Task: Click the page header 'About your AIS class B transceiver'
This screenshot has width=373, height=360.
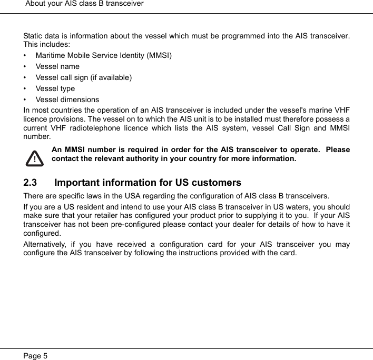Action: pyautogui.click(x=84, y=4)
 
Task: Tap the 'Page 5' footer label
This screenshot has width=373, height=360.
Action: pyautogui.click(x=35, y=356)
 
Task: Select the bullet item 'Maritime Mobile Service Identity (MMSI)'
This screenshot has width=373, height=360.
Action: pyautogui.click(x=103, y=55)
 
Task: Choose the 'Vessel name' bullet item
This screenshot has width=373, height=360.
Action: pyautogui.click(x=57, y=66)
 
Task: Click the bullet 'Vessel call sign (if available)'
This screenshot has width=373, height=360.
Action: pyautogui.click(x=84, y=77)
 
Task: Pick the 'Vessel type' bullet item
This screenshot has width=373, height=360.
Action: pyautogui.click(x=55, y=88)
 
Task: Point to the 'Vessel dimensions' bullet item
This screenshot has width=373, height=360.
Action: pyautogui.click(x=67, y=99)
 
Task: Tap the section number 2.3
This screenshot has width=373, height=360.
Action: pyautogui.click(x=31, y=183)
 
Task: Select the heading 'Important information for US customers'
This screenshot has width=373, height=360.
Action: pyautogui.click(x=148, y=183)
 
